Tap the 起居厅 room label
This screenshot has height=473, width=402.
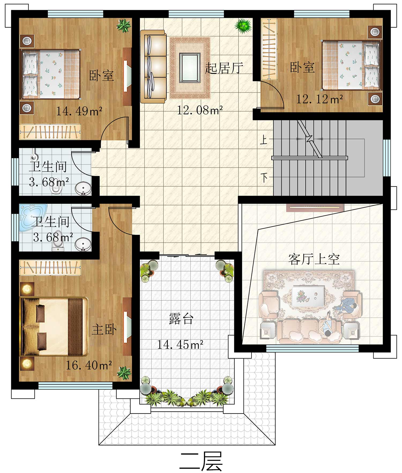coord(224,68)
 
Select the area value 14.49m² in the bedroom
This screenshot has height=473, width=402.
coord(79,111)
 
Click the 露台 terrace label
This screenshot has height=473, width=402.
coord(181,319)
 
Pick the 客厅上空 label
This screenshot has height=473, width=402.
coord(314,259)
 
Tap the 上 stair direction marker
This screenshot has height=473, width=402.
coord(264,140)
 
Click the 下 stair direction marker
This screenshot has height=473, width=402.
coord(265,177)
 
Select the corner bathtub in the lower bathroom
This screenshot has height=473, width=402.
coord(33,217)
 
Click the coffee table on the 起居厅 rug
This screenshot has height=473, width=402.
coord(190,68)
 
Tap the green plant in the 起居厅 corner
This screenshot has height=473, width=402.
coord(243,26)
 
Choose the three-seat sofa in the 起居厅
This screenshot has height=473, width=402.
coord(153,66)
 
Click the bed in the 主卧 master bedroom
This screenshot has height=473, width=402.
coord(55,326)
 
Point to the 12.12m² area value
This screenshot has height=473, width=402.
coord(319,99)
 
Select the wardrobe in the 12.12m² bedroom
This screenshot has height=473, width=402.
coord(269,49)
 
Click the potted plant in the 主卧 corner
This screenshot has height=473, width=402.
coord(124,373)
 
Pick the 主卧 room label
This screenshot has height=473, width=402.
coord(104,329)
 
